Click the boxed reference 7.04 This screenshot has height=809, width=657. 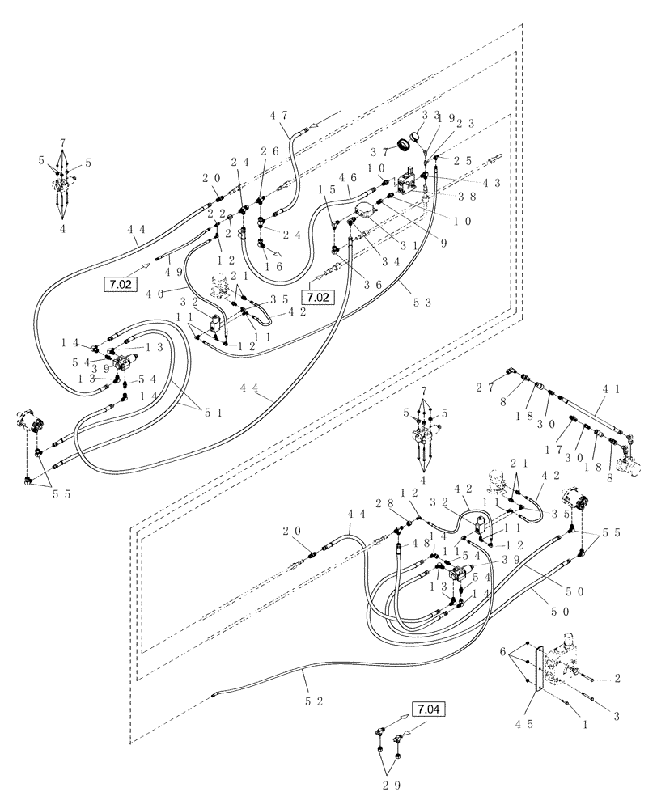click(x=428, y=709)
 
